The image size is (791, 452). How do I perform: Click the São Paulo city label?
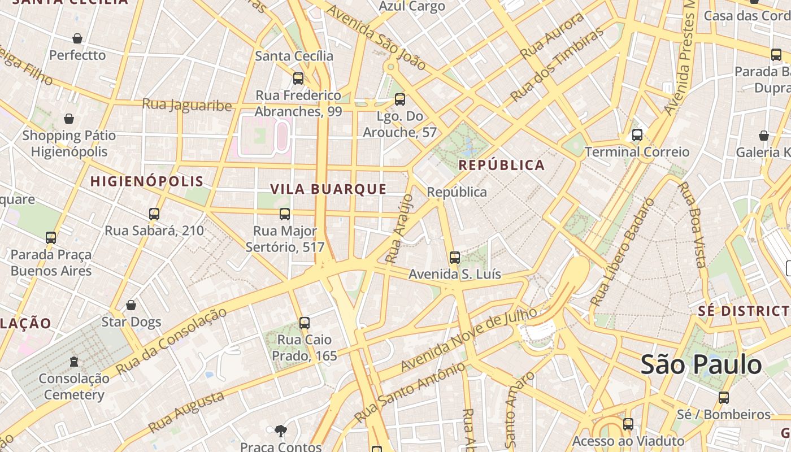701,365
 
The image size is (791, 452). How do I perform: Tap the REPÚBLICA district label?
501,165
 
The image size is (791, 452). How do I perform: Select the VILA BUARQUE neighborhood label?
328,189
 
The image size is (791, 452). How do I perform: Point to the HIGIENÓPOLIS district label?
147,181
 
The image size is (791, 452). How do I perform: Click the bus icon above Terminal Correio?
637,135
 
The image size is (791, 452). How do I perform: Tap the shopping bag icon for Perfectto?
77,38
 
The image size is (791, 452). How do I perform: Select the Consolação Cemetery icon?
73,361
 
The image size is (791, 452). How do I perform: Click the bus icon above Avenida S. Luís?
454,258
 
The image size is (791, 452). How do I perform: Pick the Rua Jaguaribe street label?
186,105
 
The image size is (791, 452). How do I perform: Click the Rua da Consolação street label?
171,341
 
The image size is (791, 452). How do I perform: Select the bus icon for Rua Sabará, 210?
154,214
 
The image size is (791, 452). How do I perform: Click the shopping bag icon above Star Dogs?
131,305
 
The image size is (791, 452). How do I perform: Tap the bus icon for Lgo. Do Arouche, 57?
400,99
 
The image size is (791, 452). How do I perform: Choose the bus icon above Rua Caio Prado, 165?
305,323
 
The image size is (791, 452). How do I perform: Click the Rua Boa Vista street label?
692,224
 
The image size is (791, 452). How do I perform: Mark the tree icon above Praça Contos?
280,431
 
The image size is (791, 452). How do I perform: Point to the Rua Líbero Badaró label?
621,253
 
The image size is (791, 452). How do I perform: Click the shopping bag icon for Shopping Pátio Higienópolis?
69,119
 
